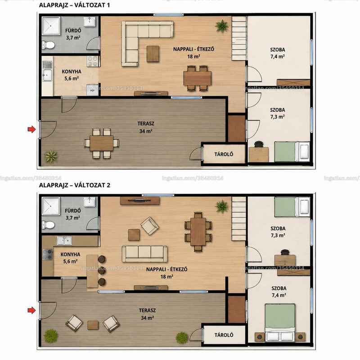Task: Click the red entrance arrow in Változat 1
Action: pyautogui.click(x=31, y=129)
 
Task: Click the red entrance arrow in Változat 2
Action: pyautogui.click(x=31, y=310)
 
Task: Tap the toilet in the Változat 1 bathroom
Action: pyautogui.click(x=48, y=45)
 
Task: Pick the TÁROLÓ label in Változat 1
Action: pyautogui.click(x=224, y=154)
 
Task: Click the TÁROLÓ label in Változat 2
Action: pyautogui.click(x=224, y=335)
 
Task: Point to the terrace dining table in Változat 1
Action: pyautogui.click(x=102, y=143)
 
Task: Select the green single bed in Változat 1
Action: pyautogui.click(x=292, y=152)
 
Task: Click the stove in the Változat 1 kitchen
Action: pyautogui.click(x=94, y=61)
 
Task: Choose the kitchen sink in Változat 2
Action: pyautogui.click(x=64, y=241)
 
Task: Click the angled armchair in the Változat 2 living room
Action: pyautogui.click(x=149, y=226)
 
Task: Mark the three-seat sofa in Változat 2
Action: pyautogui.click(x=144, y=254)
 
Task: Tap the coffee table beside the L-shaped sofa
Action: pyautogui.click(x=153, y=54)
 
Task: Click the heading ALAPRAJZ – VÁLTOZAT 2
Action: pyautogui.click(x=75, y=185)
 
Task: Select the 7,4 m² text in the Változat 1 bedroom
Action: pyautogui.click(x=278, y=57)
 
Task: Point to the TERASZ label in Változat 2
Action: pyautogui.click(x=148, y=310)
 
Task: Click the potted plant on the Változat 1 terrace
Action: pyautogui.click(x=51, y=157)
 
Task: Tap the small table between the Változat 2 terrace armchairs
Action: pyautogui.click(x=93, y=325)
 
